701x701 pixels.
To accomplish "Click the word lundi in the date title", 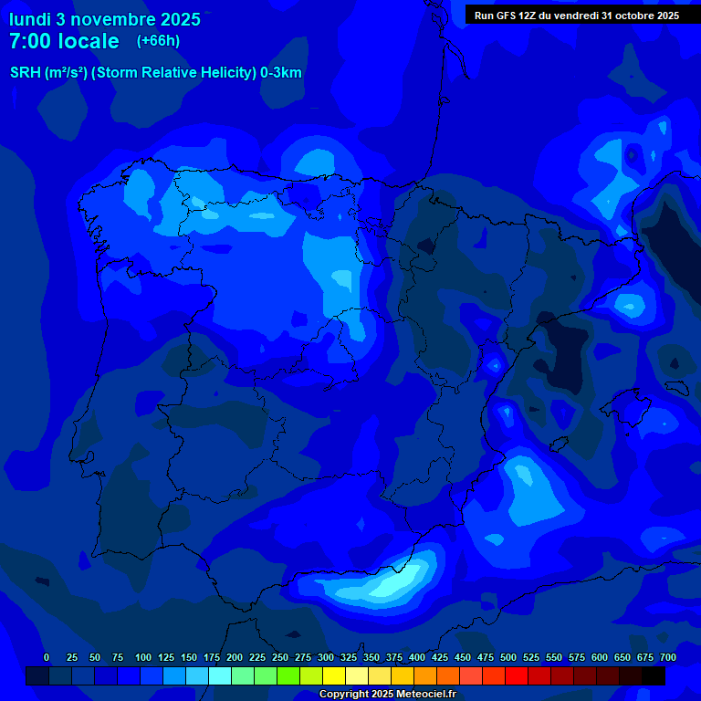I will point(29,19).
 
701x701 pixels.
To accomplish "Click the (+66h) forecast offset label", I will point(158,41).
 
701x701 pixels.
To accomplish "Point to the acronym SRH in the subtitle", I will point(26,73).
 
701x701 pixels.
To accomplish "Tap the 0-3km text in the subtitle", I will point(281,73).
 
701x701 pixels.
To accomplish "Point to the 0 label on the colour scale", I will point(47,657).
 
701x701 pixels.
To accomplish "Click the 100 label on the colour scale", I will point(143,657).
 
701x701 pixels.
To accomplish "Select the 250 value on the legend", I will point(280,657).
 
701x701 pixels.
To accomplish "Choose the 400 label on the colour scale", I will point(417,657).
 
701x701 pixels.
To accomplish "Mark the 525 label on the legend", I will point(531,657).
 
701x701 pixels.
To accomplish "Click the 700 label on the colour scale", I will point(668,657).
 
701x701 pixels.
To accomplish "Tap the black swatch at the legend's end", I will point(654,675).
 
